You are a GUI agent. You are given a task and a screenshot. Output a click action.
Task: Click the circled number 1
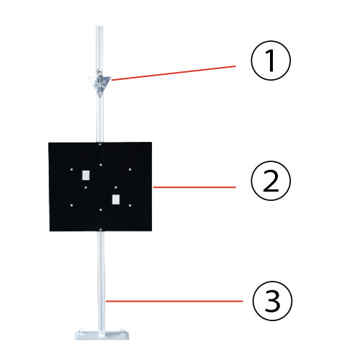click(x=271, y=60)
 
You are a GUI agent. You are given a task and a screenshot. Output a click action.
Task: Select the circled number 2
click(x=271, y=181)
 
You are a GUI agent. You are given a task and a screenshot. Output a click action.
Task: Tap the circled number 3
click(x=272, y=301)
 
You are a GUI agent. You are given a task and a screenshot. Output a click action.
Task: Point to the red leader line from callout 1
click(x=174, y=73)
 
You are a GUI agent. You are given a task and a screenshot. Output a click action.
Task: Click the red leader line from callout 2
click(x=194, y=187)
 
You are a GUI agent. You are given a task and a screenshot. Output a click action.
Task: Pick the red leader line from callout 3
click(x=174, y=301)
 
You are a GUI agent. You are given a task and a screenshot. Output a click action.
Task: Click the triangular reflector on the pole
click(x=100, y=84)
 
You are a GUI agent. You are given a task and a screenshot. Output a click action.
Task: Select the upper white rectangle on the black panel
click(x=86, y=175)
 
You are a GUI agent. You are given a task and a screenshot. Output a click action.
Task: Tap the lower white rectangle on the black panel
click(x=116, y=199)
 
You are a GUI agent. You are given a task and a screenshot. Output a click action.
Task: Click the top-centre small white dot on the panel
click(x=101, y=165)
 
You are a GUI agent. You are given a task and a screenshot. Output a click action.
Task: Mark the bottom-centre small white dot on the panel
click(x=101, y=210)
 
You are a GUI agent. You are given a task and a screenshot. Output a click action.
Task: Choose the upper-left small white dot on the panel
click(x=71, y=169)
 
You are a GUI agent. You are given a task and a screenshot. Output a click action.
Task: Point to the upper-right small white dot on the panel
click(x=130, y=169)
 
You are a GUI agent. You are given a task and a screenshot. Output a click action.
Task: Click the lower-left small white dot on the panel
click(x=71, y=205)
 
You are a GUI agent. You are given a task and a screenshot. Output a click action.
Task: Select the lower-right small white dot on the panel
click(x=130, y=205)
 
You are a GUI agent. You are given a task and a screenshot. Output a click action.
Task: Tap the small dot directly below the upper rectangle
click(x=86, y=187)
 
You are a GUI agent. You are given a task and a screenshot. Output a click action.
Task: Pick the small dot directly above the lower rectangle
click(x=116, y=187)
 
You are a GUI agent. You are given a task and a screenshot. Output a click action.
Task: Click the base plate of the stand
click(x=102, y=335)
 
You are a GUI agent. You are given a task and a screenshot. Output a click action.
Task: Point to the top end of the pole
click(x=99, y=26)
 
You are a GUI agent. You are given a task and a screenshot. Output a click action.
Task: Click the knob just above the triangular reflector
click(x=99, y=71)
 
